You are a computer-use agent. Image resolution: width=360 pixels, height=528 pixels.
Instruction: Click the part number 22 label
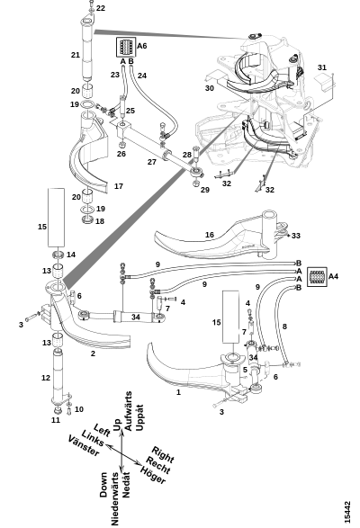[x=101, y=8]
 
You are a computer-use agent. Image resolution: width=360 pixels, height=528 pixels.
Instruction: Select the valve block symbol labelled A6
[x=126, y=47]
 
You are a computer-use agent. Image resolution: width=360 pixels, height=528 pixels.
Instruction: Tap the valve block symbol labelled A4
[x=317, y=276]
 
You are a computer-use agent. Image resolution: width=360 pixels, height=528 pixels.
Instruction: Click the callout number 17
[x=119, y=186]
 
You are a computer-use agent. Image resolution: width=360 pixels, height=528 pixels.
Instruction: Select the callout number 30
[x=210, y=88]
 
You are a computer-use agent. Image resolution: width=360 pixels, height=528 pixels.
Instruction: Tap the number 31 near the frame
[x=322, y=67]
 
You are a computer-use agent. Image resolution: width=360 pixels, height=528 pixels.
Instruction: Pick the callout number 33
[x=295, y=236]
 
